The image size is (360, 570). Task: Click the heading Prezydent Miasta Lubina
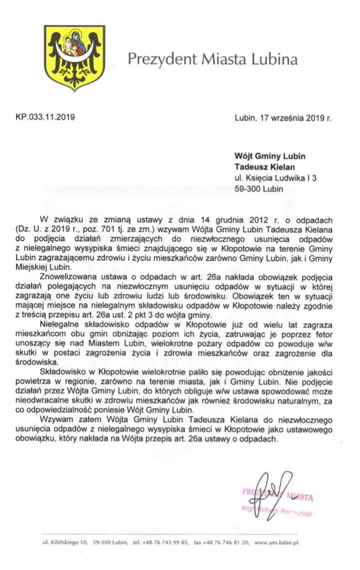[212, 60]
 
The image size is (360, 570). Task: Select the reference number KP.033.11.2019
[45, 118]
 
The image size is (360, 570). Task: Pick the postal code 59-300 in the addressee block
[247, 189]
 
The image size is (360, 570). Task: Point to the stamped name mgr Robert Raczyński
[277, 513]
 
